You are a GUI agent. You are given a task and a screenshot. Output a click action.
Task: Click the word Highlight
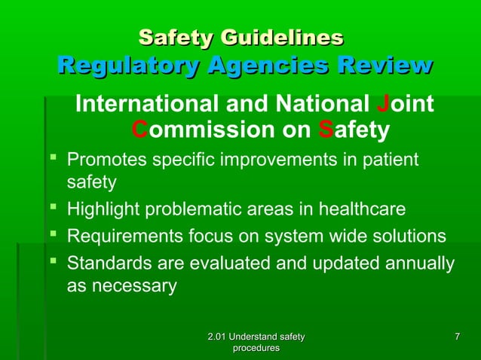pos(102,209)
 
